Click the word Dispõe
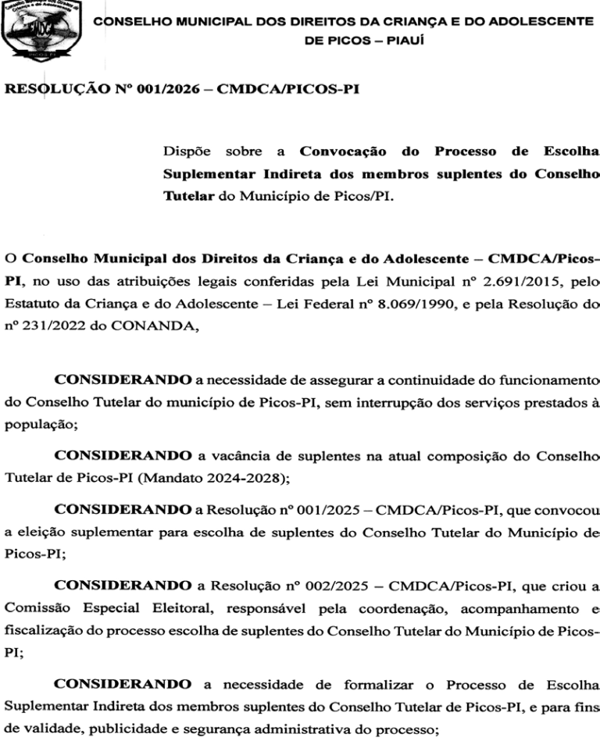pyautogui.click(x=188, y=151)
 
